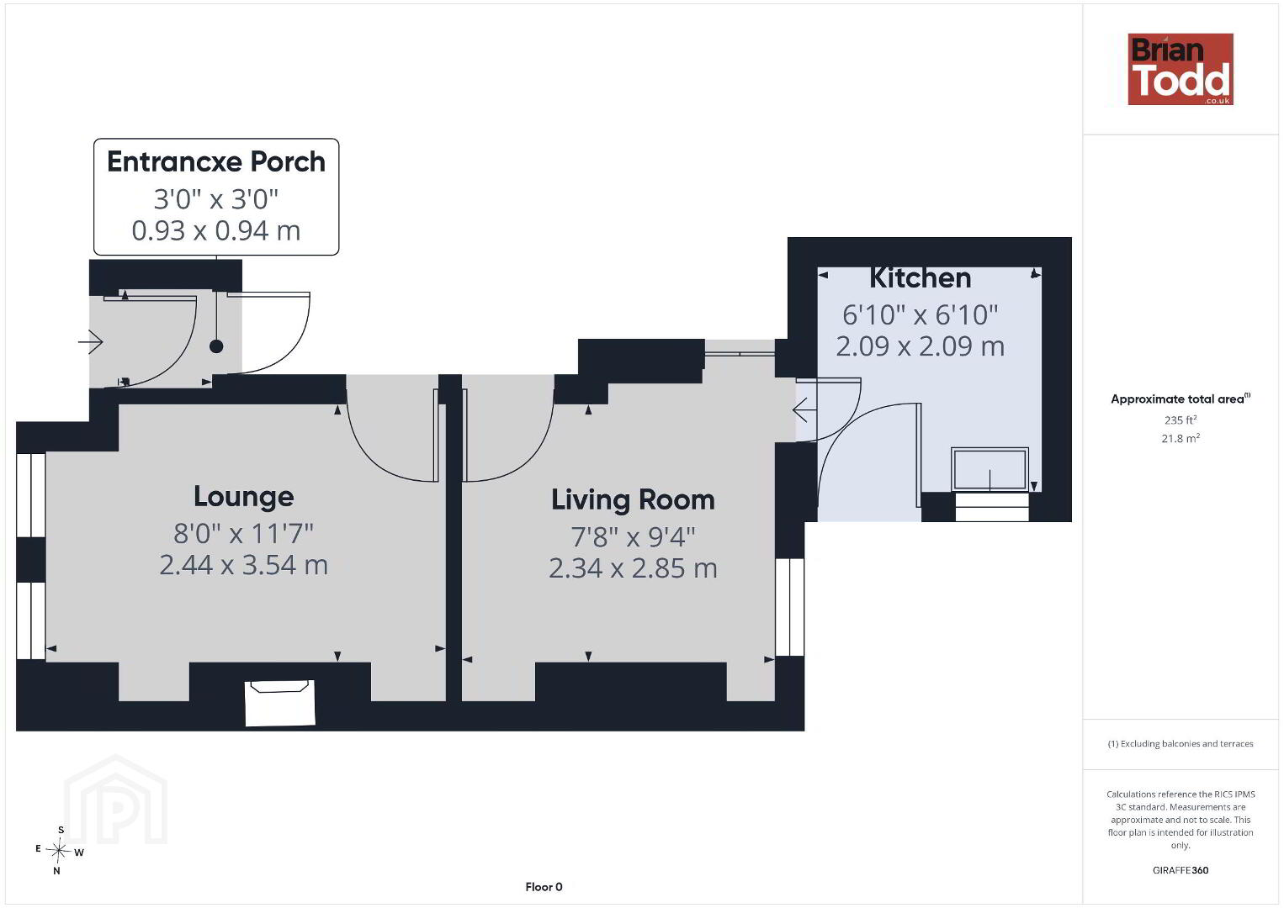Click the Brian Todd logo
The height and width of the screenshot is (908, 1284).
click(x=1181, y=69)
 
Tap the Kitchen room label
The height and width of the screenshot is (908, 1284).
click(x=920, y=277)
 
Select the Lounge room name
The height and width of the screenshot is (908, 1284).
click(x=244, y=496)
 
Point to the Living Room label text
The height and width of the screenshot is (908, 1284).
click(x=633, y=499)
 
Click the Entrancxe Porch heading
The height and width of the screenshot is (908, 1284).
click(x=216, y=161)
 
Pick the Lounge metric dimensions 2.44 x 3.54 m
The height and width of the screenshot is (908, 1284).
click(x=244, y=565)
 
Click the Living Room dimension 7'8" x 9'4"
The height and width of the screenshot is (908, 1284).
click(x=633, y=536)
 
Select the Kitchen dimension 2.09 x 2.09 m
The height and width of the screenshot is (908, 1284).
click(x=920, y=346)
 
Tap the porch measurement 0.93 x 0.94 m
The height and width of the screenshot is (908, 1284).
click(x=216, y=230)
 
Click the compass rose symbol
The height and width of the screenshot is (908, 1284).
click(x=58, y=851)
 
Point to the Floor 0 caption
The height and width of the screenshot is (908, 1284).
click(x=544, y=887)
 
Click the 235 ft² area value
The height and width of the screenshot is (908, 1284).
click(x=1181, y=420)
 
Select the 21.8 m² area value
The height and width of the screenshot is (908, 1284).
click(x=1181, y=438)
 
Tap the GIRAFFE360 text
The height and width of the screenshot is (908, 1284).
click(x=1181, y=870)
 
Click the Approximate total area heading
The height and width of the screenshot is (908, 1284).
click(x=1181, y=399)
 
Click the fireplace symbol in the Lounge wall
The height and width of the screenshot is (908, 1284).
click(x=280, y=703)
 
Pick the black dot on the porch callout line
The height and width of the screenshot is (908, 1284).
click(x=216, y=346)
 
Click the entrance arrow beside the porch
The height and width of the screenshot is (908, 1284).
click(x=91, y=342)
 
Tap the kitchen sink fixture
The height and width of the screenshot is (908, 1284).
click(x=990, y=470)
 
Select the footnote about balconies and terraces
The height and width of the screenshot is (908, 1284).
click(x=1181, y=743)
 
